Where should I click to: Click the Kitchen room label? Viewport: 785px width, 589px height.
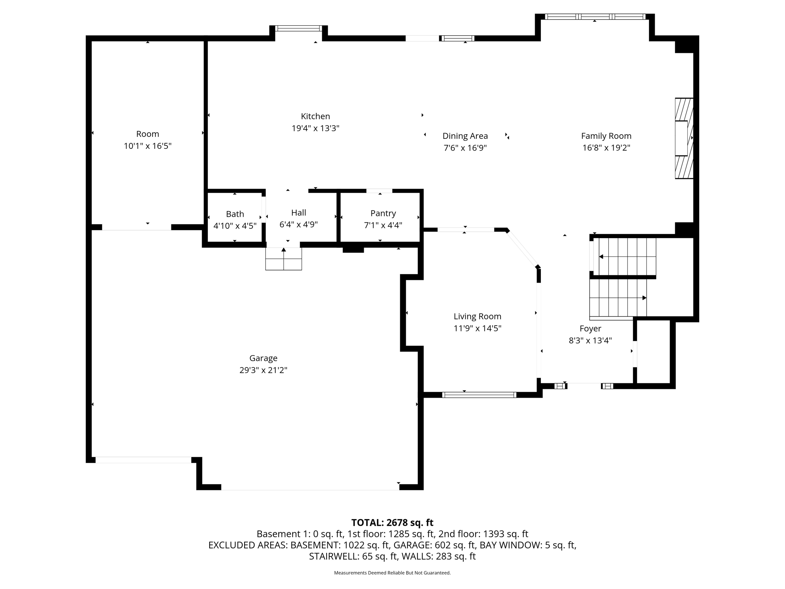(x=315, y=116)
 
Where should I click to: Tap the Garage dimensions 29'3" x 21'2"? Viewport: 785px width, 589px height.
(x=263, y=370)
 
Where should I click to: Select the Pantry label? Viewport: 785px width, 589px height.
(x=383, y=213)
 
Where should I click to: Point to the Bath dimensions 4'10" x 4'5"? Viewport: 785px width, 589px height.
(x=235, y=226)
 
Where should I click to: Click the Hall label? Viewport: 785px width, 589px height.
(x=298, y=212)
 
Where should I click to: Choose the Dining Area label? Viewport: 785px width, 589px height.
(x=465, y=136)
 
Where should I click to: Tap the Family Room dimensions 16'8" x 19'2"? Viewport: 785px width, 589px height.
(x=606, y=148)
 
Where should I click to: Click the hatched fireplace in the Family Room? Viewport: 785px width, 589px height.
(x=684, y=138)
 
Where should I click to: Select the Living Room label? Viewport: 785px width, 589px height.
(x=477, y=316)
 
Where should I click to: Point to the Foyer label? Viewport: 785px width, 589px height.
(x=590, y=328)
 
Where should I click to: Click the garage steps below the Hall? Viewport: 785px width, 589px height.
(x=283, y=259)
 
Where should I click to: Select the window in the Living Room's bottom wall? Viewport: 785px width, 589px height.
(x=479, y=395)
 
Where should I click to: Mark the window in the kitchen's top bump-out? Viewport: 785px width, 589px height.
(x=298, y=28)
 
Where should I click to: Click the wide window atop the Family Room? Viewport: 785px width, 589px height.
(x=594, y=16)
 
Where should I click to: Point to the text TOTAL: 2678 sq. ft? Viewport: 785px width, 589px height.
(x=392, y=523)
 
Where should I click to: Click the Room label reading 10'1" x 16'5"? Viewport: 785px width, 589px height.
(x=148, y=146)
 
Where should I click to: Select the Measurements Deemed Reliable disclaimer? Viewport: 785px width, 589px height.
(x=392, y=573)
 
